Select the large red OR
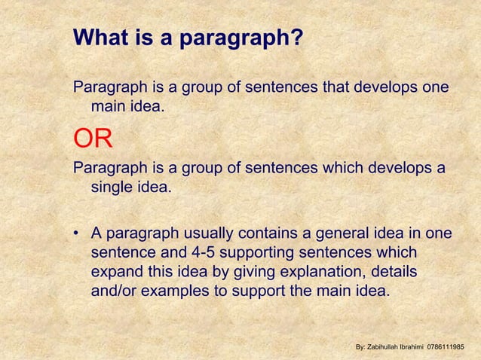(93, 139)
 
